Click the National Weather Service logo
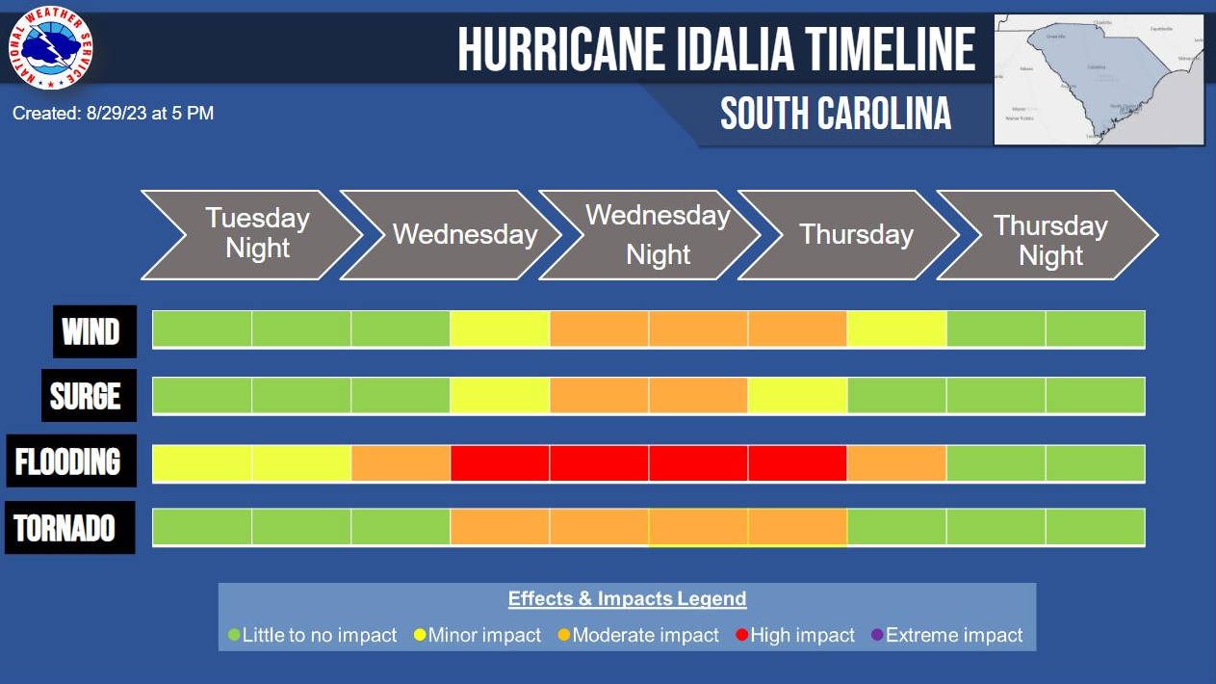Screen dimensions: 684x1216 pyautogui.click(x=51, y=48)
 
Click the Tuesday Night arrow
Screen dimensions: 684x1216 pyautogui.click(x=252, y=234)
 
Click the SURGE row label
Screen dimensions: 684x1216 pyautogui.click(x=88, y=396)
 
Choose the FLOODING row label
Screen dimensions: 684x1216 pyautogui.click(x=69, y=461)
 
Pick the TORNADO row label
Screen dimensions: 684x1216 pyautogui.click(x=68, y=528)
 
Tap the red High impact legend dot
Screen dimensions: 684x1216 pyautogui.click(x=742, y=636)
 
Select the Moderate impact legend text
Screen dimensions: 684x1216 pyautogui.click(x=645, y=636)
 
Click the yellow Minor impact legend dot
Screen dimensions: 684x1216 pyautogui.click(x=421, y=636)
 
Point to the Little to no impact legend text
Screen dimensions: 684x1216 pyautogui.click(x=320, y=636)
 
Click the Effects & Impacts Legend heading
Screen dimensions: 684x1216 pyautogui.click(x=627, y=598)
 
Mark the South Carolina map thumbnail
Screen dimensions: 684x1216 pyautogui.click(x=1099, y=79)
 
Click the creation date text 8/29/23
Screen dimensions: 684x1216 pyautogui.click(x=116, y=114)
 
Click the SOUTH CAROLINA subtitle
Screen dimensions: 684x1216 pyautogui.click(x=836, y=114)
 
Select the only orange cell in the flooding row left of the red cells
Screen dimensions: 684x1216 pyautogui.click(x=401, y=463)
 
